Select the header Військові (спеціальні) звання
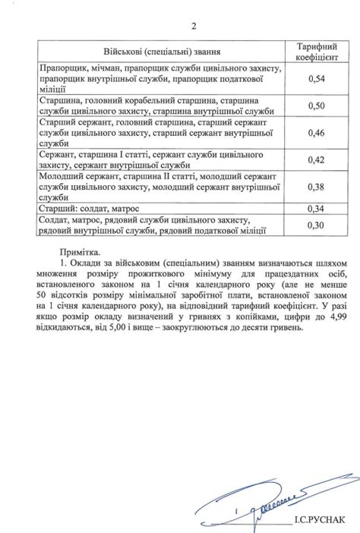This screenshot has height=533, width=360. (161, 51)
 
